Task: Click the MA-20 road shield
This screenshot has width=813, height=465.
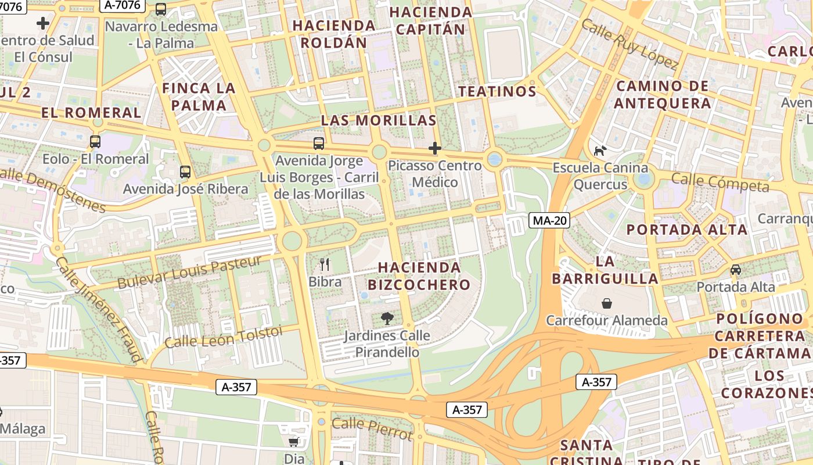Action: (549, 220)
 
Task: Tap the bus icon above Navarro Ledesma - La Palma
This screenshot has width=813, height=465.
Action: (161, 9)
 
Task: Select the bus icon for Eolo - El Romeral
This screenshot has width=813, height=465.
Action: (95, 141)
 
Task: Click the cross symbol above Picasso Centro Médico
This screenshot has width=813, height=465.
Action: (435, 148)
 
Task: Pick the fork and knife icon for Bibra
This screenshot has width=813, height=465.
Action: (325, 264)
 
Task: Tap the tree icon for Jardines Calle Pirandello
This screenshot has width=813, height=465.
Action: (387, 318)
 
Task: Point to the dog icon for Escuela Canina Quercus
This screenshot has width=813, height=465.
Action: (599, 151)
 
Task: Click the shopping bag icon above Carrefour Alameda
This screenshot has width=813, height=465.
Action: (607, 303)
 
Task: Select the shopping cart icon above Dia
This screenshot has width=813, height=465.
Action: (294, 442)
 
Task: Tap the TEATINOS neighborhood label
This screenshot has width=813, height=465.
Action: (497, 91)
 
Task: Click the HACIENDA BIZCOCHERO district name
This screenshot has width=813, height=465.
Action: (419, 276)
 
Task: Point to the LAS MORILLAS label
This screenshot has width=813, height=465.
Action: (379, 120)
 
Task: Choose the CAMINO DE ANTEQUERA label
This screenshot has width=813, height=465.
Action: (663, 95)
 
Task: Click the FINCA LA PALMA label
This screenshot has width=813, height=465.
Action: (199, 96)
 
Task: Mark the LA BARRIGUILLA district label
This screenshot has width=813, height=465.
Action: (605, 270)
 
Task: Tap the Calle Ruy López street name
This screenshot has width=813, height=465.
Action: (629, 44)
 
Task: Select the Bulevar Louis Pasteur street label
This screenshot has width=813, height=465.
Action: (189, 272)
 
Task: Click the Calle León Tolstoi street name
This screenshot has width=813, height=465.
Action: (224, 337)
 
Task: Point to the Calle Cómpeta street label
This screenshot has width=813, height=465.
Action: (720, 182)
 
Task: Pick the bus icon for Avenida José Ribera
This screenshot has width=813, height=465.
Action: (185, 171)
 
